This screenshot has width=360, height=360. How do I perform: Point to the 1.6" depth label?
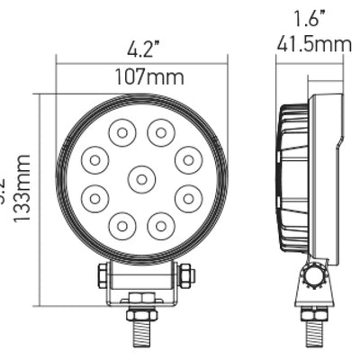point(309,17)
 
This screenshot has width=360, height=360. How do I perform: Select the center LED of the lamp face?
point(141,179)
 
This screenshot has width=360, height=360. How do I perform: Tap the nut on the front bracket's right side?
point(185,275)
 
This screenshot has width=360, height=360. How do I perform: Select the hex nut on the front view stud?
point(142,314)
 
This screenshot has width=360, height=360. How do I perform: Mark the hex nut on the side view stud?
point(313,314)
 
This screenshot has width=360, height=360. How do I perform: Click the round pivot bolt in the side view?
point(313,274)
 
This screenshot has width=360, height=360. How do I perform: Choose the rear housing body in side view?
point(326,175)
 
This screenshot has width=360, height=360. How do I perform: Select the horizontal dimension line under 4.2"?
point(141,63)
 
